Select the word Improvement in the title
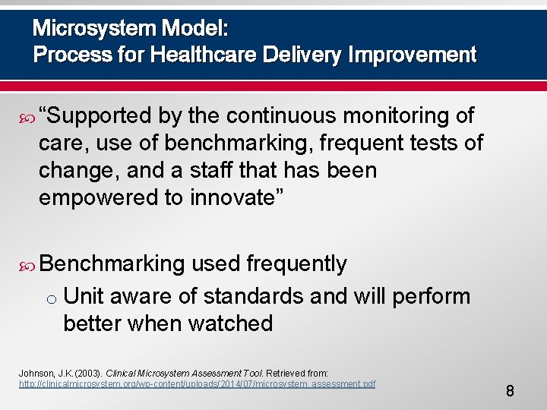414,55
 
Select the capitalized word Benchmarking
112,263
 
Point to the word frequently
296,263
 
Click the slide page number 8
510,391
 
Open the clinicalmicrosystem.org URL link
197,384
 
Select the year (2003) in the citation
85,374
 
